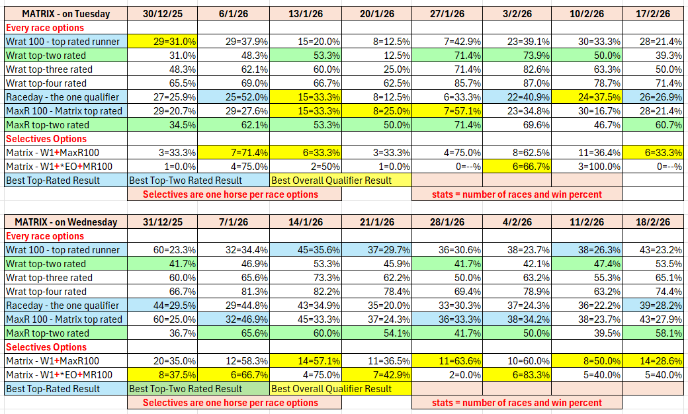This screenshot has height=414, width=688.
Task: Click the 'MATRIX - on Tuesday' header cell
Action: coord(65,14)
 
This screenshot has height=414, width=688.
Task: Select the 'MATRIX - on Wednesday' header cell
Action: coord(65,222)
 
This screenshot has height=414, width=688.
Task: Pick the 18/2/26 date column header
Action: coord(652,222)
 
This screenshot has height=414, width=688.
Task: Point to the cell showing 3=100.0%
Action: coord(586,167)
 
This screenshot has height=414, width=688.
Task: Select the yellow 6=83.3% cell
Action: coord(515,375)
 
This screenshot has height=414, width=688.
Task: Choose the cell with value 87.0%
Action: coord(515,83)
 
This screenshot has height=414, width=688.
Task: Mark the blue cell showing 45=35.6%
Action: coord(306,250)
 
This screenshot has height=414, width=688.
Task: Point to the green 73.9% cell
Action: coord(515,56)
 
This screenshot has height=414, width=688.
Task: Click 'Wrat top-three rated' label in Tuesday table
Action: coord(50,69)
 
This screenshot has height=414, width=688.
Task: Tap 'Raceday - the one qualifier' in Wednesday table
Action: coord(63,306)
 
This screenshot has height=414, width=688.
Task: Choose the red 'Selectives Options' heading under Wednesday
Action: coord(46,347)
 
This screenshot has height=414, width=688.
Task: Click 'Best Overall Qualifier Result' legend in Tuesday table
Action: coord(331,181)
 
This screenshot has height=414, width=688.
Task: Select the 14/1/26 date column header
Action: coord(306,222)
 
